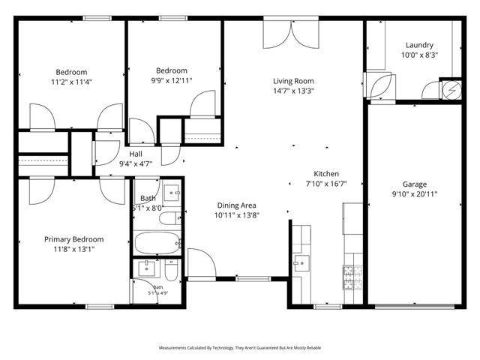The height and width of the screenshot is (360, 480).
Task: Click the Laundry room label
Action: pos(419,44)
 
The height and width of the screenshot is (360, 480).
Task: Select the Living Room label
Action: pos(292,81)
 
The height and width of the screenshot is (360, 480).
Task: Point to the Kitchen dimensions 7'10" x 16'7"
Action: pos(326,183)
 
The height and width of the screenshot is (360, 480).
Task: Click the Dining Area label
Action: pos(237,205)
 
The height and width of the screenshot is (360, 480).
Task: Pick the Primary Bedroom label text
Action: pos(73,239)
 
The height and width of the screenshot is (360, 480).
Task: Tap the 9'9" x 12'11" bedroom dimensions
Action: pos(170,79)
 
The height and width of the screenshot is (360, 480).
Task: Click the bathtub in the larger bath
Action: pos(157,243)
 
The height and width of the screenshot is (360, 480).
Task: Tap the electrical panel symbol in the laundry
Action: pos(452,89)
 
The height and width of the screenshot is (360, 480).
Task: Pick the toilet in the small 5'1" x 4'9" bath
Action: pos(170,269)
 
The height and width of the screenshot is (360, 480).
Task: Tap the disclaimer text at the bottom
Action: pos(239,348)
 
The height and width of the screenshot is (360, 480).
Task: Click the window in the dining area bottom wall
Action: pos(247,278)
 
